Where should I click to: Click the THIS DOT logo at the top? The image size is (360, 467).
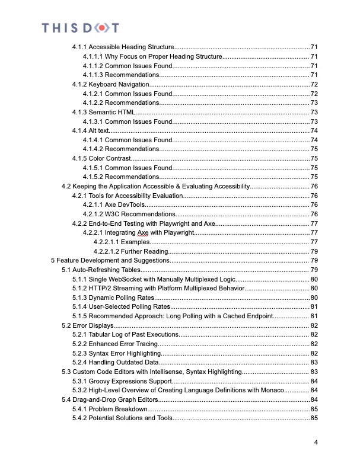click(x=80, y=27)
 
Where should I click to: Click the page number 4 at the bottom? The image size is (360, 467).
click(x=316, y=442)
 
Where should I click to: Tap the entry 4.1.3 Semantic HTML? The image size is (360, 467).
click(x=104, y=112)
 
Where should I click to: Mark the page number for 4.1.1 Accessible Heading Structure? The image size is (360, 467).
click(x=314, y=47)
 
